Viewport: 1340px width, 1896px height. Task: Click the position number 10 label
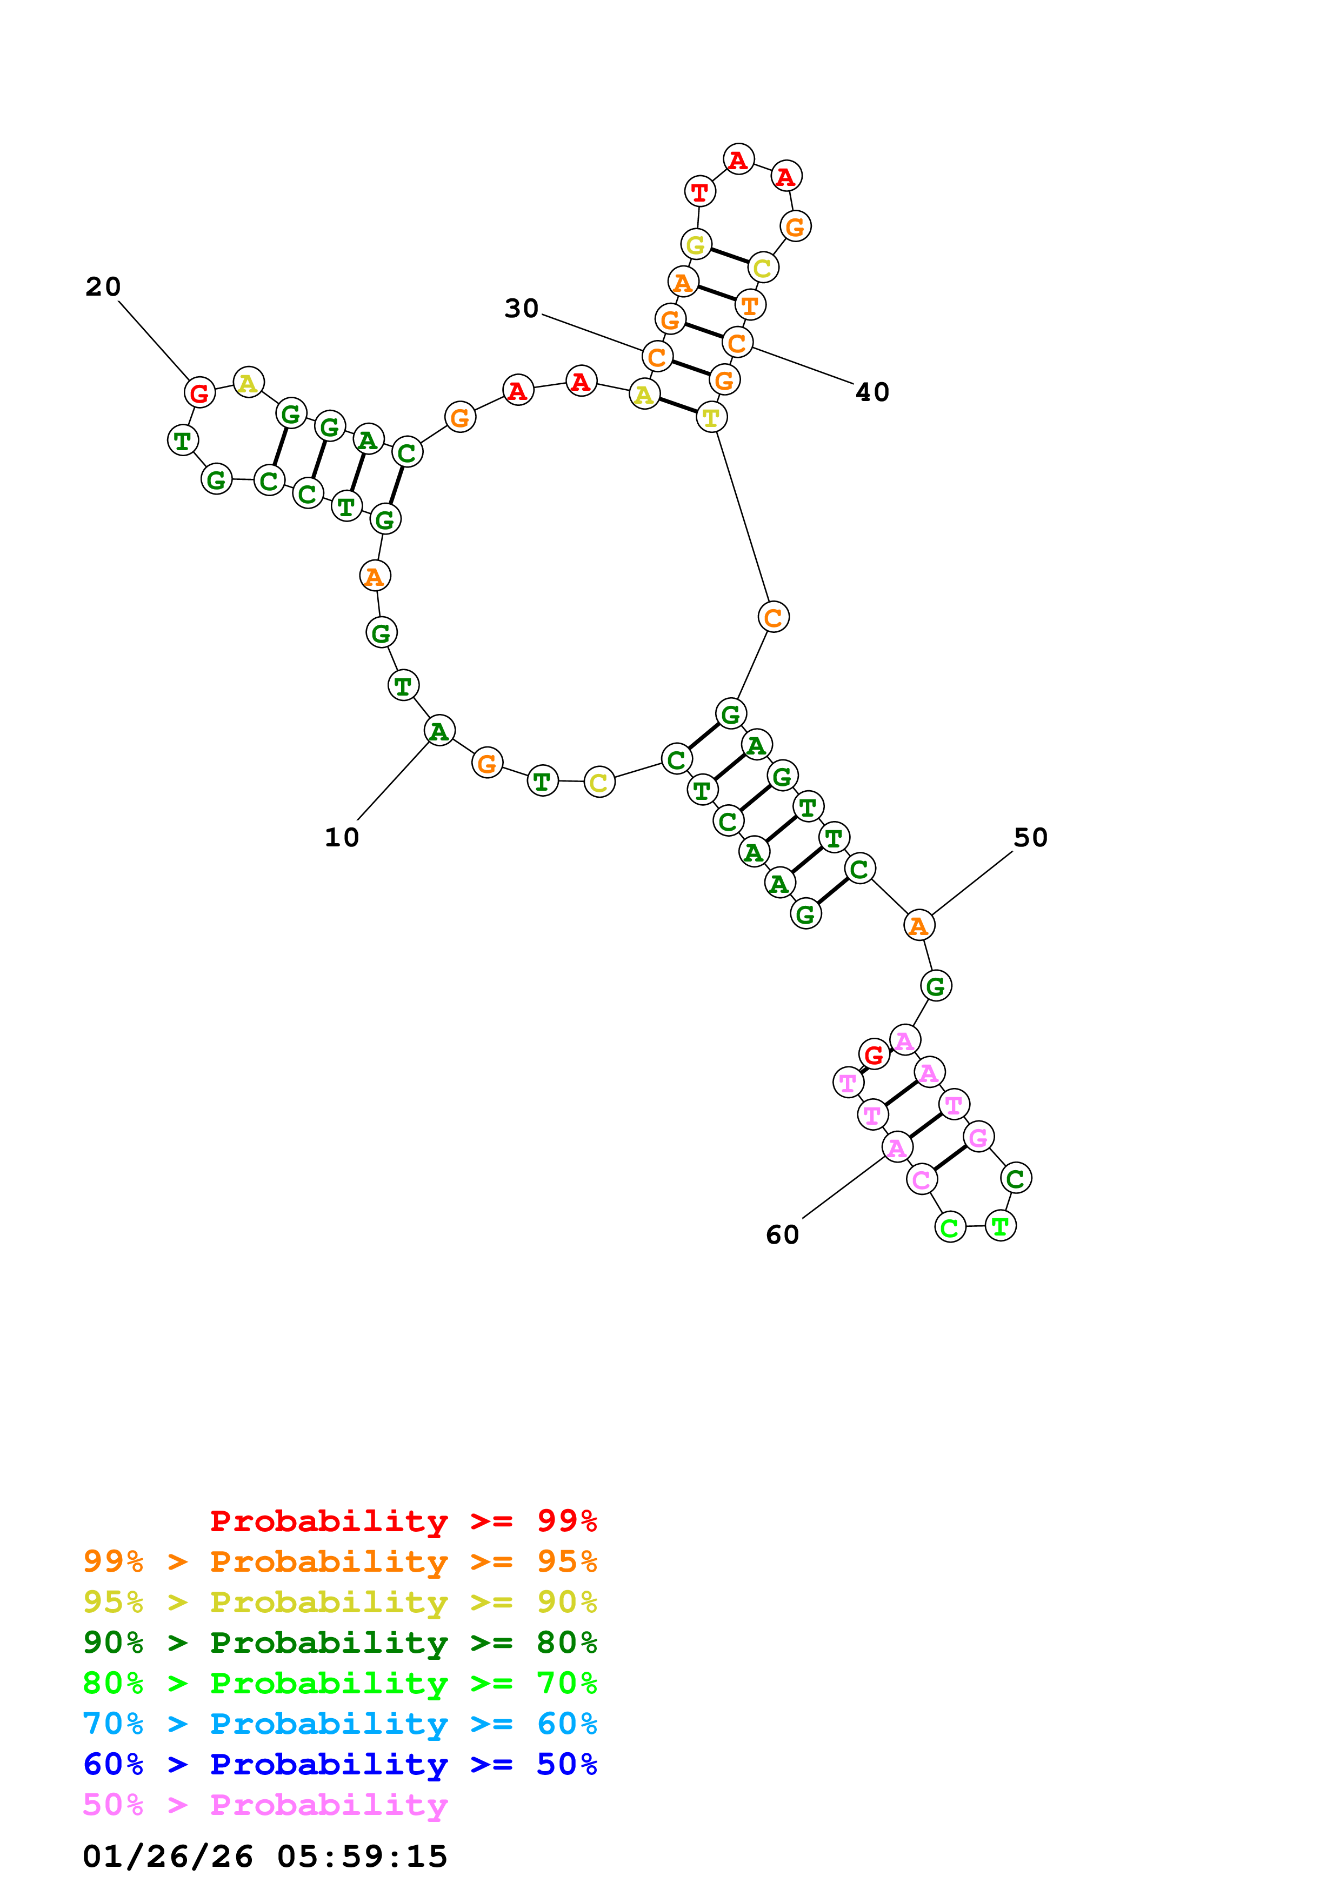coord(341,837)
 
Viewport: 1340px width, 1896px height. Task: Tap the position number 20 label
coord(103,286)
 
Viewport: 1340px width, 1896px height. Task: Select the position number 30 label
coord(521,308)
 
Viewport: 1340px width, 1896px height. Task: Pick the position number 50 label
coord(1030,837)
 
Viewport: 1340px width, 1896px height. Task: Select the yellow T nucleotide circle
coord(711,417)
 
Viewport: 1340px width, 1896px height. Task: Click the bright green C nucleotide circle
coord(950,1227)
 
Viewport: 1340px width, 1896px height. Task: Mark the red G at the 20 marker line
coord(199,392)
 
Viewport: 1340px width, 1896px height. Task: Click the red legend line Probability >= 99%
coord(403,1520)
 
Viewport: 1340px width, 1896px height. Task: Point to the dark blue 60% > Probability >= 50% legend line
coord(339,1764)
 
